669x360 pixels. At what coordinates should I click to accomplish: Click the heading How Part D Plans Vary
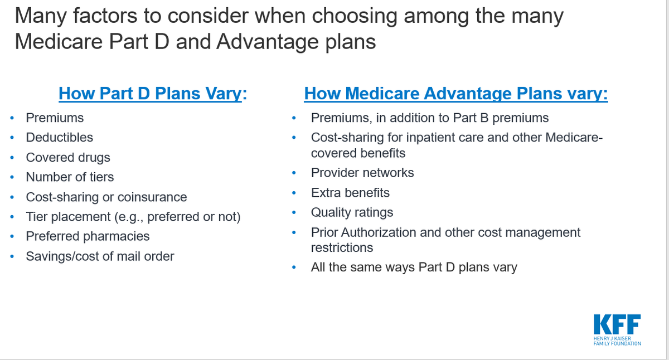pyautogui.click(x=153, y=93)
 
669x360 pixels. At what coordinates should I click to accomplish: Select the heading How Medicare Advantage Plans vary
pyautogui.click(x=455, y=93)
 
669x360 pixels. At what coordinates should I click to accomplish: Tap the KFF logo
pyautogui.click(x=617, y=325)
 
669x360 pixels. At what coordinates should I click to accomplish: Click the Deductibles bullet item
pyautogui.click(x=59, y=137)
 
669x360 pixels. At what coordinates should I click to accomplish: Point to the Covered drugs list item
pyautogui.click(x=67, y=157)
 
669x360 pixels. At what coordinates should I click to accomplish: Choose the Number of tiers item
pyautogui.click(x=70, y=177)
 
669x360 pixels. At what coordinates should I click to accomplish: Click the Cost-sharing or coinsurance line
pyautogui.click(x=106, y=197)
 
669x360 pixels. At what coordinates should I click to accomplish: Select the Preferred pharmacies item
pyautogui.click(x=88, y=236)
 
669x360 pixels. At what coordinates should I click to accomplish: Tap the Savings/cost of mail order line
pyautogui.click(x=100, y=256)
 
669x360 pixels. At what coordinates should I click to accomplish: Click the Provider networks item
pyautogui.click(x=362, y=173)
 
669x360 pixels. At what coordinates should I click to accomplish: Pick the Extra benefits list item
pyautogui.click(x=350, y=193)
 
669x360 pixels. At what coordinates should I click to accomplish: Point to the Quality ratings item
pyautogui.click(x=352, y=212)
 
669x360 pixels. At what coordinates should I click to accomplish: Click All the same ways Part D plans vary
pyautogui.click(x=414, y=267)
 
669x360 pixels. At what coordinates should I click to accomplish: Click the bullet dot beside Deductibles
pyautogui.click(x=12, y=138)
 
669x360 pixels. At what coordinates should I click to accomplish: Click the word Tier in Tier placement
pyautogui.click(x=36, y=217)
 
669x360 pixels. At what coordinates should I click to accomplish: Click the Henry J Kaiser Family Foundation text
pyautogui.click(x=617, y=340)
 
